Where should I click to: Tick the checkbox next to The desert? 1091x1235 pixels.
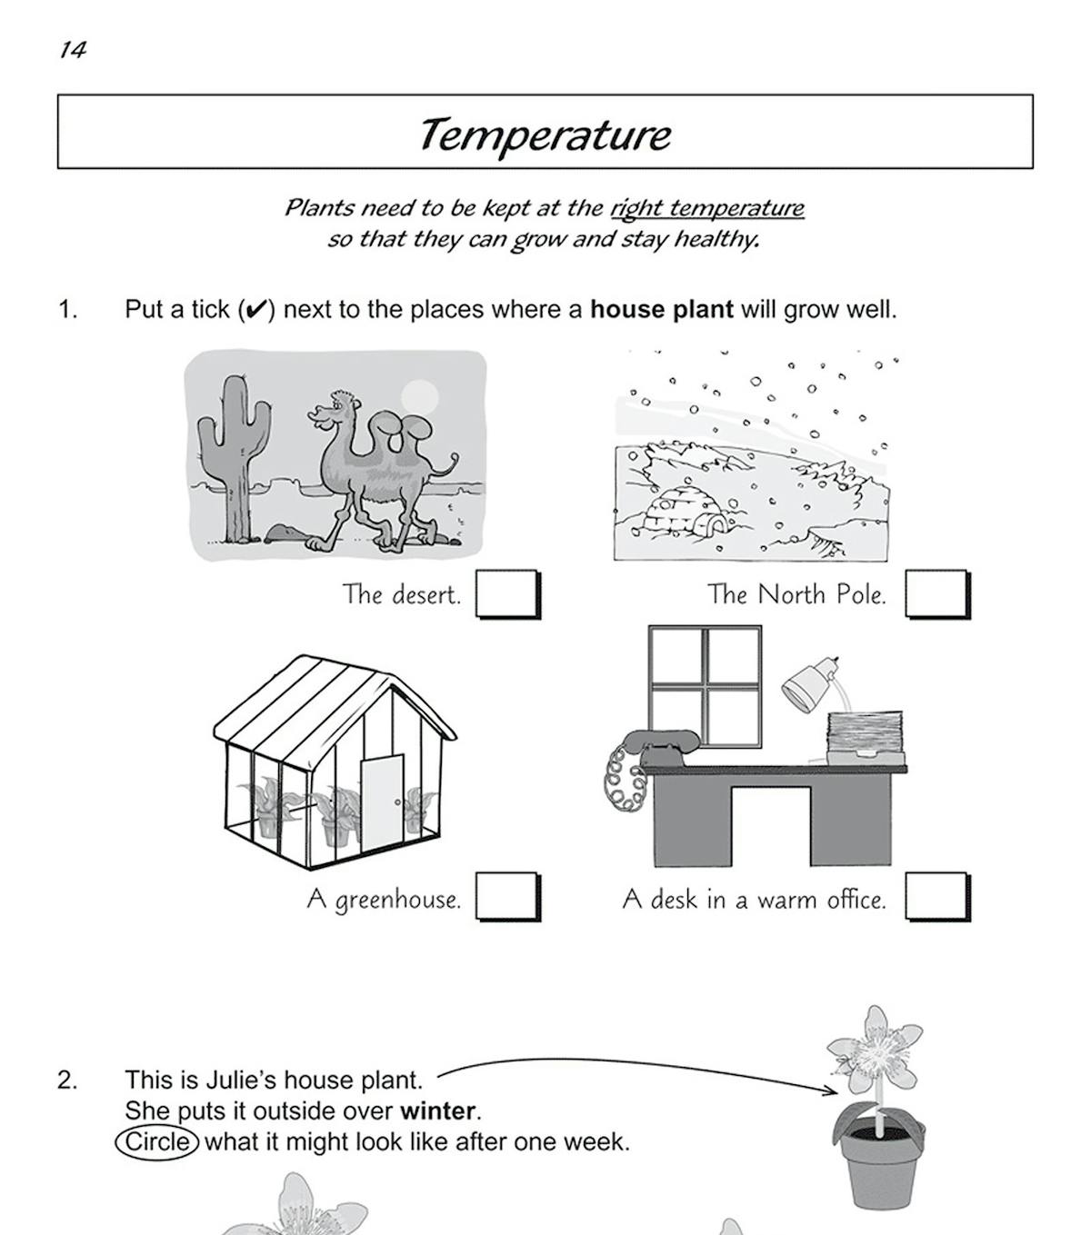pos(507,594)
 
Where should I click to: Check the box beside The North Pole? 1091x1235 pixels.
pos(936,594)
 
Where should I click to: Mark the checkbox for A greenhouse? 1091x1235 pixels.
pos(507,897)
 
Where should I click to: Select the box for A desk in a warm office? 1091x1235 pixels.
pos(936,897)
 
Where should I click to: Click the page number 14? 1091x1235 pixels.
pos(72,50)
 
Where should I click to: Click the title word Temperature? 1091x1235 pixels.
pos(545,134)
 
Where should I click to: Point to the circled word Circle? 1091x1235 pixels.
pos(157,1141)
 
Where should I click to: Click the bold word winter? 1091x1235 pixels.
pos(438,1111)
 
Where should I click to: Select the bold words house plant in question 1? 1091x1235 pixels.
pos(661,309)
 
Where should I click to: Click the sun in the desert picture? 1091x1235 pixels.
pos(419,396)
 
